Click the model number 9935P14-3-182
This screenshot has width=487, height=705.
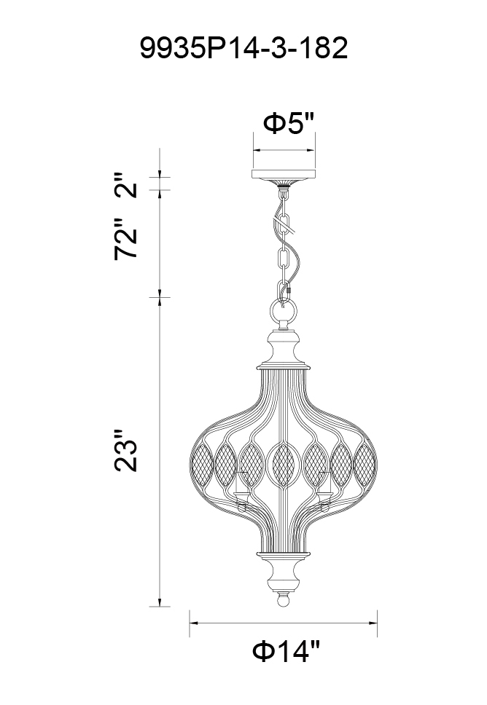pyautogui.click(x=243, y=48)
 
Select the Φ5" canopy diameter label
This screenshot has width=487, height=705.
pyautogui.click(x=288, y=123)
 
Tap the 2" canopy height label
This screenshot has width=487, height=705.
pyautogui.click(x=125, y=184)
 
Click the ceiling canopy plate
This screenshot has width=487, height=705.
pyautogui.click(x=284, y=174)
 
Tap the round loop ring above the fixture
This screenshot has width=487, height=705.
pyautogui.click(x=284, y=311)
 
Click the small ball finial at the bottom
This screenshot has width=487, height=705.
pyautogui.click(x=283, y=600)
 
